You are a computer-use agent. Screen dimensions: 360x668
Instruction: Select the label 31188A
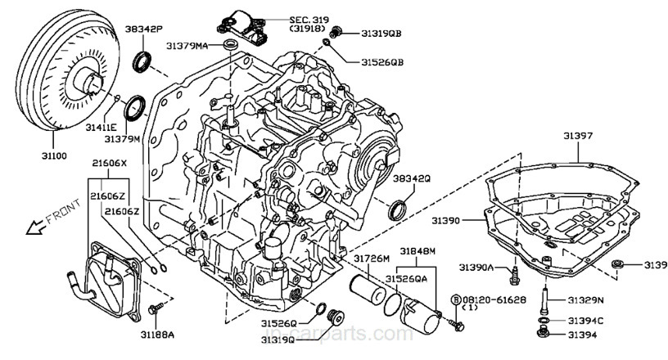[x=158, y=334]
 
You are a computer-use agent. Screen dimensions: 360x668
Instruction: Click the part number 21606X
[x=109, y=164]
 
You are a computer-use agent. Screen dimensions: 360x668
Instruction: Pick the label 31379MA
[x=191, y=45]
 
